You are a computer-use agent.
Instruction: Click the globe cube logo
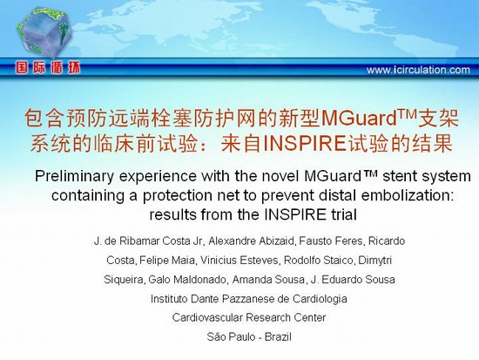44,32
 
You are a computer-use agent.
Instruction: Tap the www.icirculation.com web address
418,70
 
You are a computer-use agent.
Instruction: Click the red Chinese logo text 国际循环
48,68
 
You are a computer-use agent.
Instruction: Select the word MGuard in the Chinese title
359,119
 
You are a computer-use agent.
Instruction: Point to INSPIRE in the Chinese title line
304,144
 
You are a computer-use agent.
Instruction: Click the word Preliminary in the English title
74,176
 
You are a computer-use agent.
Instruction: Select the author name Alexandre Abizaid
251,241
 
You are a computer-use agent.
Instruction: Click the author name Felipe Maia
167,261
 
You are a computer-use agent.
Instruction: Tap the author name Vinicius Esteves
239,261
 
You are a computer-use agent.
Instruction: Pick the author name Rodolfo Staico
318,261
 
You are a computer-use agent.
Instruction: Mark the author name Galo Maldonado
187,280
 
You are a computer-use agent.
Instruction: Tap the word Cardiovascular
206,317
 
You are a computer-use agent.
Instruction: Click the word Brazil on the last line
278,337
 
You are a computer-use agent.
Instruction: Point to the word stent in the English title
397,176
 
